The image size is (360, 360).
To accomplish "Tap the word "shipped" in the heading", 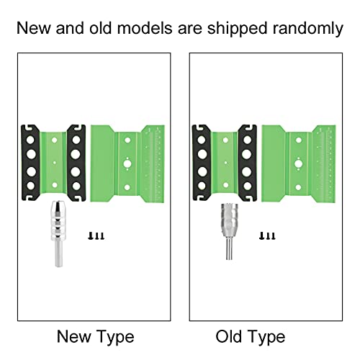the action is coord(237,29).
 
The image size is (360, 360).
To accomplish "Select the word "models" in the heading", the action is coord(145,28).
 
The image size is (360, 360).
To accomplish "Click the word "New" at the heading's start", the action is coord(34,28).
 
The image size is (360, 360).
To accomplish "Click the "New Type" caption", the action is coord(96,337).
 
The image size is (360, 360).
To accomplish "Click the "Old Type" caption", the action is coord(251,337).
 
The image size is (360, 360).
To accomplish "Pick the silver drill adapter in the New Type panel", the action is coord(58,234).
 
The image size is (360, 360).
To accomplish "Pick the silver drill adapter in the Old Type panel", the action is coord(230,232).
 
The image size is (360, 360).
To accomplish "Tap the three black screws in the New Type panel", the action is coord(96,236).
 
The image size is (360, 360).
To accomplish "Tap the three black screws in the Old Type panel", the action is coord(267,236).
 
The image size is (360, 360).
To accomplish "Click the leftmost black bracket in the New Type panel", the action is coord(30,163).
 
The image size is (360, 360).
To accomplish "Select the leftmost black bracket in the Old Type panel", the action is coord(202,163).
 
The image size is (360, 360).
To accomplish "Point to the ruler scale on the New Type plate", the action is coord(158,164).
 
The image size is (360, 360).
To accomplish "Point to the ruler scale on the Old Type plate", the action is coord(330,164).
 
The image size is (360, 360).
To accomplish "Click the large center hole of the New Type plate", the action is coord(127,164).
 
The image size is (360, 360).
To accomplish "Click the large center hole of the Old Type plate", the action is coord(299,164).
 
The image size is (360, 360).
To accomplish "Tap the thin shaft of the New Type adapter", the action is coord(58,253).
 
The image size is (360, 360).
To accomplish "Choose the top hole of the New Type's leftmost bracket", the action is coord(30,140).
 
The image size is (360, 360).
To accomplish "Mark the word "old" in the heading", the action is coord(101,28).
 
